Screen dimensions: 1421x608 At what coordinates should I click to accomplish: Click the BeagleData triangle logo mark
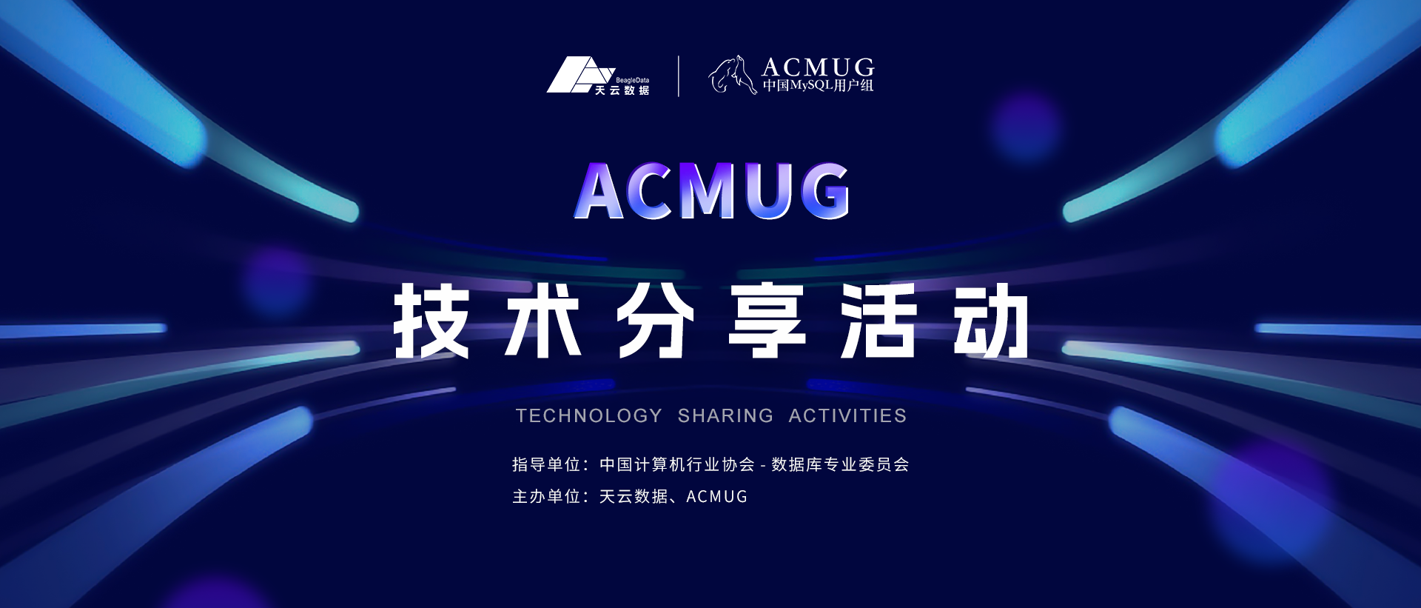[x=577, y=75]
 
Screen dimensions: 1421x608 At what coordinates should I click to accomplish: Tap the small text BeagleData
[x=632, y=80]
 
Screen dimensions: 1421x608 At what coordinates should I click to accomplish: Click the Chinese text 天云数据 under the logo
[x=622, y=90]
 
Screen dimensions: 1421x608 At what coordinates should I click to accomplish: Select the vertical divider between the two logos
[x=679, y=76]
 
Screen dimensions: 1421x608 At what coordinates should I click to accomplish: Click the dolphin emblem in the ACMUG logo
[x=733, y=76]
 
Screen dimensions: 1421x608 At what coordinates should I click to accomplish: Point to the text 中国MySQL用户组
[x=818, y=85]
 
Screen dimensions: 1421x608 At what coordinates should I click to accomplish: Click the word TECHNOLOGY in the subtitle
[x=589, y=415]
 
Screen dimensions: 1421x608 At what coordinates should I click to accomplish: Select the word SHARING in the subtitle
[x=725, y=415]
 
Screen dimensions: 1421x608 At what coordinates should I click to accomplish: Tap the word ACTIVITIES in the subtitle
[x=847, y=415]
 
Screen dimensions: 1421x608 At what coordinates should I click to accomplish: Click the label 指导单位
[x=546, y=464]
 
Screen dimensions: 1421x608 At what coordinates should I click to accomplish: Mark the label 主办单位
[x=546, y=496]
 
